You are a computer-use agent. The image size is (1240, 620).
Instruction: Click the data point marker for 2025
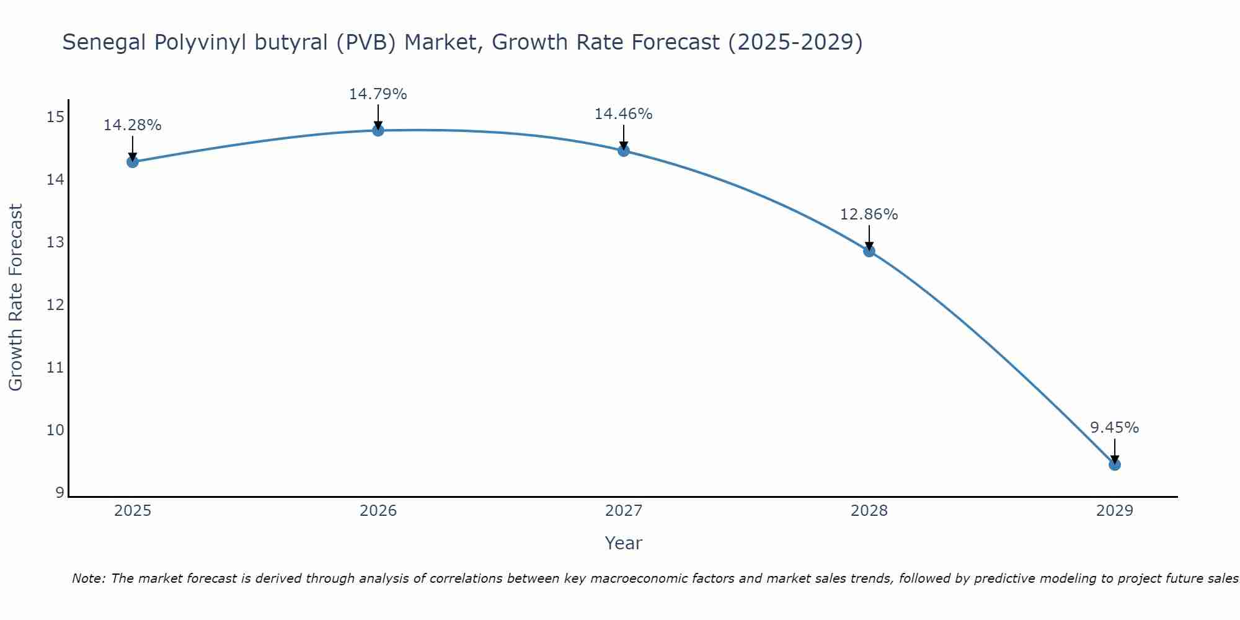point(132,162)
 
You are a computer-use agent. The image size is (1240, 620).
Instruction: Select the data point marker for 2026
point(378,130)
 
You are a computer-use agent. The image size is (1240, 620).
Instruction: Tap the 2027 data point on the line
point(624,151)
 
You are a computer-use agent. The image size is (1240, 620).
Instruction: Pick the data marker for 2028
point(869,251)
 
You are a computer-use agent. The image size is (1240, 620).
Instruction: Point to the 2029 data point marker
point(1115,464)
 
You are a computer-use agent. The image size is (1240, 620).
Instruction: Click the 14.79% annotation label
point(378,94)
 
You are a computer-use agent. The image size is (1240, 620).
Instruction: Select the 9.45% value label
point(1115,428)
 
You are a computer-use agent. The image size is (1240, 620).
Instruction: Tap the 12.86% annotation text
point(869,215)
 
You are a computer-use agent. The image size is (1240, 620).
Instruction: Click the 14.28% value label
point(132,125)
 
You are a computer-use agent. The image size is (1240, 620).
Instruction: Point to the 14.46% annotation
point(624,114)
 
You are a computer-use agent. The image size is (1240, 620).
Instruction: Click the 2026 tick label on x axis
point(378,511)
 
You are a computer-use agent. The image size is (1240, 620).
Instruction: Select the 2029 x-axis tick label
point(1115,511)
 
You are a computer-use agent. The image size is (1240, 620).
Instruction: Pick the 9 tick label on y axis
point(60,493)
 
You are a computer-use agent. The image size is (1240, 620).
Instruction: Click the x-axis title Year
point(623,543)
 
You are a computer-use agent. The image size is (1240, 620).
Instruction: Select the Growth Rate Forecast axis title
point(15,298)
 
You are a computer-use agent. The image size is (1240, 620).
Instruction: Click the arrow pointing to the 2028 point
point(869,237)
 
